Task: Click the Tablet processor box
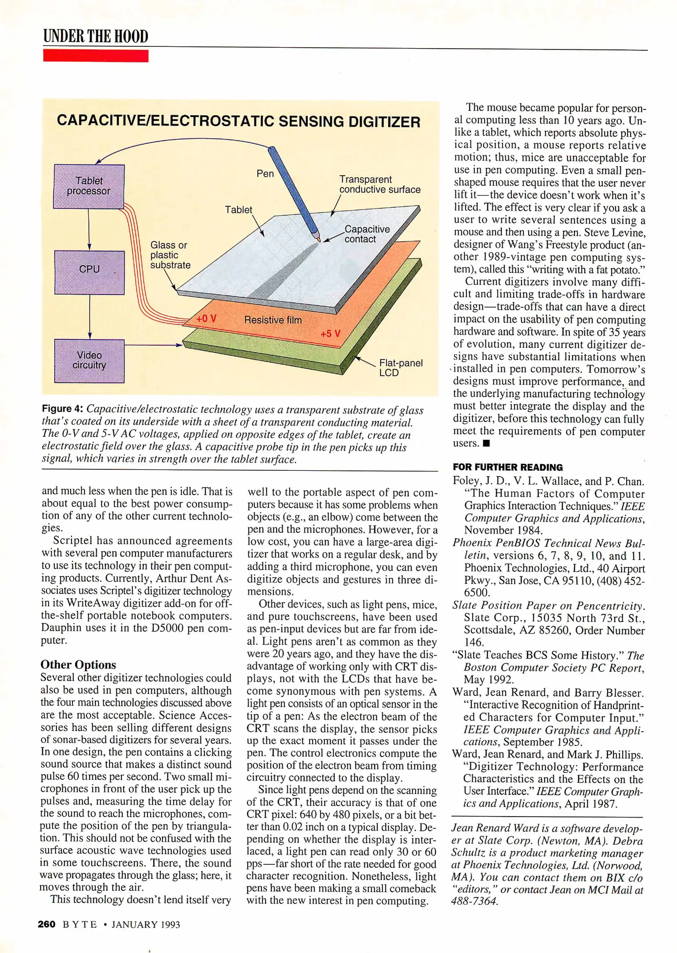(x=89, y=186)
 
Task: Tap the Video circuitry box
(x=89, y=360)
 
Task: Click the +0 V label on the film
(x=206, y=319)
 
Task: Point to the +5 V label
(x=331, y=334)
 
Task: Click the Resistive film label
(x=273, y=320)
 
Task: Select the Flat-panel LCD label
(x=400, y=368)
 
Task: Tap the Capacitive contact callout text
(x=367, y=234)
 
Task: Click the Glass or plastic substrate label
(x=170, y=255)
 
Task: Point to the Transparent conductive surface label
(x=379, y=184)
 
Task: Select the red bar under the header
(x=95, y=56)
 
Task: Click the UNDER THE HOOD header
(x=95, y=36)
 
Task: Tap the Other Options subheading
(x=78, y=664)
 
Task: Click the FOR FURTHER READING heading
(x=508, y=467)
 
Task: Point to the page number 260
(x=46, y=924)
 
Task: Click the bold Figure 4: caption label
(x=63, y=409)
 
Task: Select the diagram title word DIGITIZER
(x=384, y=122)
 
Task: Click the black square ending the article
(x=486, y=443)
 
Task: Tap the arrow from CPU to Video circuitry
(x=90, y=317)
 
